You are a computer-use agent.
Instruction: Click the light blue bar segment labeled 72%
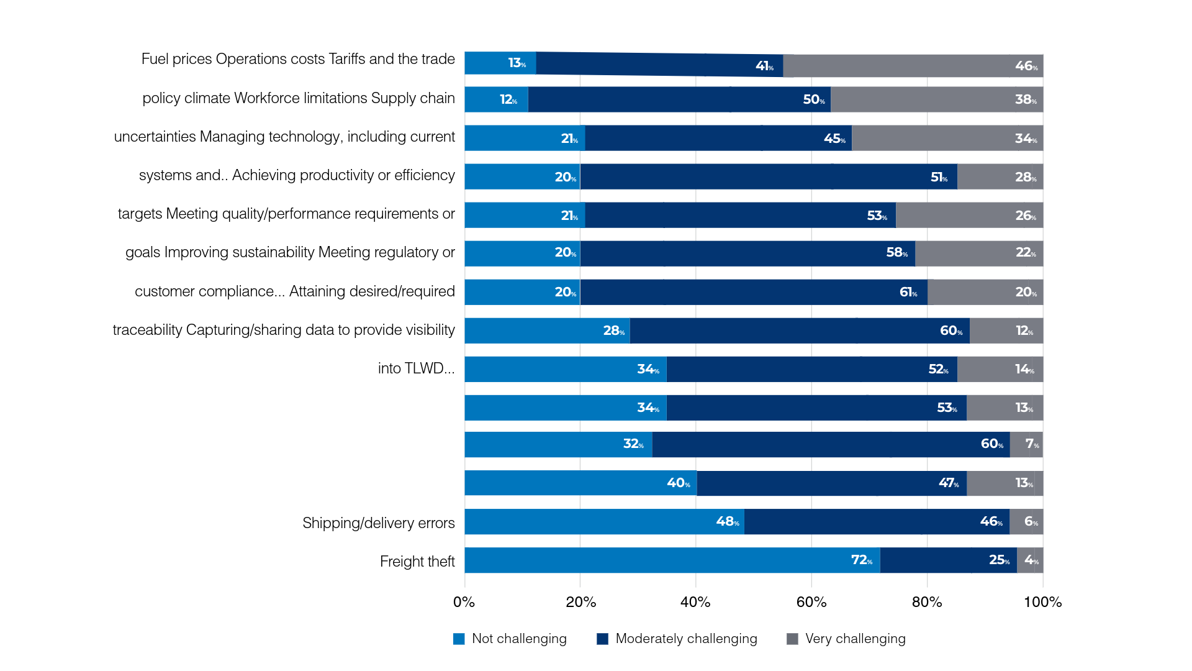(x=672, y=560)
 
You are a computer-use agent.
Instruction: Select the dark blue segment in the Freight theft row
(x=949, y=560)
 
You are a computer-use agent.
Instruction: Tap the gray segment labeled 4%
(x=1030, y=560)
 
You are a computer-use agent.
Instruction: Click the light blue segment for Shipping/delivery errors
(x=605, y=521)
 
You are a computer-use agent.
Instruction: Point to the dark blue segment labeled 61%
(x=754, y=292)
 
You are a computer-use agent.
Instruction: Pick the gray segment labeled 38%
(x=937, y=99)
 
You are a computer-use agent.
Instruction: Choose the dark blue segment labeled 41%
(x=659, y=64)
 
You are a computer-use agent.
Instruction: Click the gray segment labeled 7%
(x=1026, y=444)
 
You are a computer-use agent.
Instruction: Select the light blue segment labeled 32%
(x=559, y=444)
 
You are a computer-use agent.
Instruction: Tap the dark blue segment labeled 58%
(x=747, y=253)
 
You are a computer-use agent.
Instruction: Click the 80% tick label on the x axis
(x=927, y=602)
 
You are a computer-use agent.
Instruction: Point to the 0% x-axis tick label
(x=464, y=602)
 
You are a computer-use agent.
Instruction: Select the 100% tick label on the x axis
(x=1043, y=602)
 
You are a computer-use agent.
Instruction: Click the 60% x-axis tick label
(x=811, y=602)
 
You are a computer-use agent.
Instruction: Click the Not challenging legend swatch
(x=459, y=639)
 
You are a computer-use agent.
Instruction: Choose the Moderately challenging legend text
(x=686, y=639)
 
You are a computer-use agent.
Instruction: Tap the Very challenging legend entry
(x=846, y=639)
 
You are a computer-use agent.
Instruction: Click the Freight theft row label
(x=417, y=562)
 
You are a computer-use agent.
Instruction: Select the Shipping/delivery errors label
(x=379, y=523)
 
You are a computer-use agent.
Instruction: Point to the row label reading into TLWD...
(x=417, y=368)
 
